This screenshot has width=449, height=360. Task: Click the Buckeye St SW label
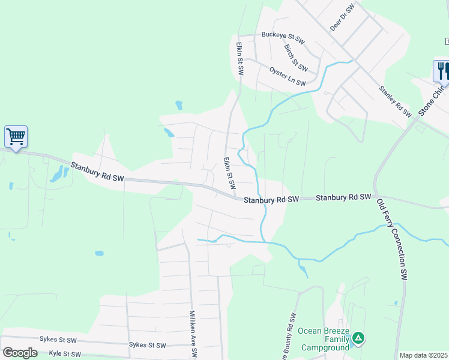283,38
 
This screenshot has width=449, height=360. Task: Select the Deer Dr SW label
343,17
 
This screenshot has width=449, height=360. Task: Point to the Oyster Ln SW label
288,76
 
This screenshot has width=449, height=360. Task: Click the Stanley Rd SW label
394,101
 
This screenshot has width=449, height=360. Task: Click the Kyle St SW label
65,354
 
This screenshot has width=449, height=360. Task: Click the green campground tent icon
358,338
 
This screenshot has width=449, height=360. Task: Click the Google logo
20,352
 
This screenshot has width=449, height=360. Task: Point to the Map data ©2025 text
423,355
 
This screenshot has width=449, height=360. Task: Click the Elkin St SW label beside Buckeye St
240,58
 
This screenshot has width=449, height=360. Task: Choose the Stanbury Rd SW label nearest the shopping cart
97,172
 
